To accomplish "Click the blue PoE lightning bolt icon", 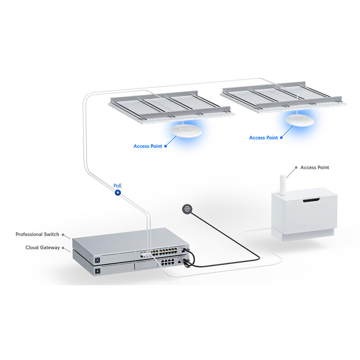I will (118, 193).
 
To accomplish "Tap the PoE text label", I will (117, 185).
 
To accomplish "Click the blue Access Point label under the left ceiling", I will (148, 146).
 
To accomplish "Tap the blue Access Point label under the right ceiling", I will (263, 138).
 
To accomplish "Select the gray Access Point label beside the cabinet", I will (315, 167).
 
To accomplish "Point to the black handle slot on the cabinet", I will (314, 200).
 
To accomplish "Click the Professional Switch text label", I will (37, 234).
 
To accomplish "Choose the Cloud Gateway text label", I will (42, 247).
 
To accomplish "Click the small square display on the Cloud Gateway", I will (97, 271).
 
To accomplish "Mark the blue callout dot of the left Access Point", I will (166, 146).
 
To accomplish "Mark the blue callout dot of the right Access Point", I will (282, 137).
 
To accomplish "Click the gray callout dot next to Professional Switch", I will (63, 234).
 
